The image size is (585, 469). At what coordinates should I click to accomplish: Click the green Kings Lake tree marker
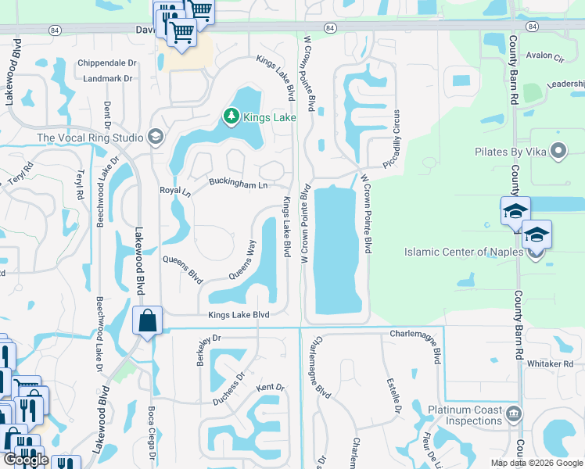click(231, 117)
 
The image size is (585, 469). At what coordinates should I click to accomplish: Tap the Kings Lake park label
click(270, 117)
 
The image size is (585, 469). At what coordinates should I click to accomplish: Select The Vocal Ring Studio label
click(91, 138)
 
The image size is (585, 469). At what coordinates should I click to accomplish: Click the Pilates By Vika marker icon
click(558, 151)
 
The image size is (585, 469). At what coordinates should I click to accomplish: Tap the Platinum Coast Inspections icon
click(514, 414)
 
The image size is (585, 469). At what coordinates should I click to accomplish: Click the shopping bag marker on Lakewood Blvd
click(147, 320)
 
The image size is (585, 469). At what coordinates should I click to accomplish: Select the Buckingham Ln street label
click(239, 184)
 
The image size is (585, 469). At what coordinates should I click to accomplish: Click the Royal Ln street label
click(175, 191)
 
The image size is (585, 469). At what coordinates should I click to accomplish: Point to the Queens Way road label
click(242, 260)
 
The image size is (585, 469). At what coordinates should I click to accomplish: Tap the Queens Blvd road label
click(183, 268)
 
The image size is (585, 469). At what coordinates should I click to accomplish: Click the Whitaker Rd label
click(550, 364)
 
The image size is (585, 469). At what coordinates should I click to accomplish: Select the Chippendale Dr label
click(106, 63)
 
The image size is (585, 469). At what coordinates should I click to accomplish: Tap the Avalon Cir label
click(545, 56)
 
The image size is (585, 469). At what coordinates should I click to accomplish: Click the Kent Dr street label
click(270, 387)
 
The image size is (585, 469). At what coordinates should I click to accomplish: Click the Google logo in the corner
click(27, 460)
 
